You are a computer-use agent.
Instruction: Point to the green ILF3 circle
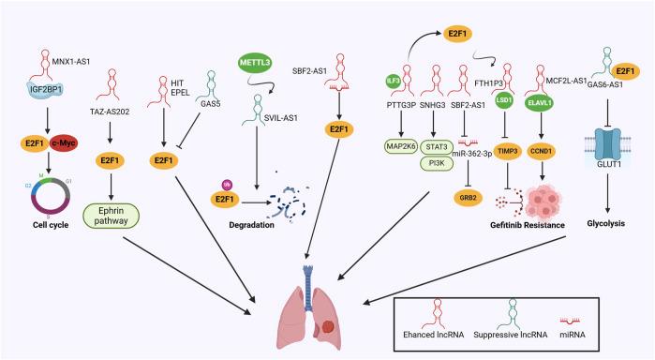point(394,82)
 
